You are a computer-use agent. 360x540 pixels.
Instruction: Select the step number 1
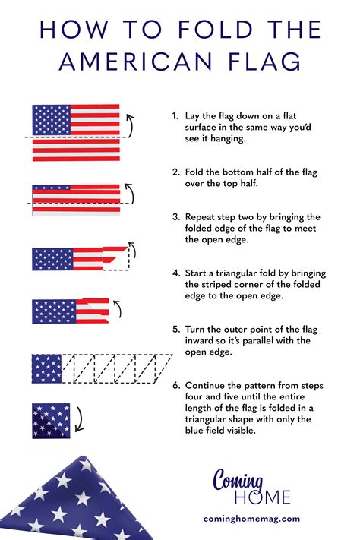pos(175,116)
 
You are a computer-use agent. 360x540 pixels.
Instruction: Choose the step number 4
pos(176,272)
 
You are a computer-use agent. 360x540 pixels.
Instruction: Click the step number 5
pos(176,330)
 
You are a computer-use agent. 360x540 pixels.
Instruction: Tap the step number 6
pos(176,384)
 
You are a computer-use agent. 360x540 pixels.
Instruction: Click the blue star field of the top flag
pos(50,118)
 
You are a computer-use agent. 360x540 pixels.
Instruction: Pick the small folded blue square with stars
pos(52,420)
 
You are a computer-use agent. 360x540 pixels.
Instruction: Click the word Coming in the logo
pos(238,481)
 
